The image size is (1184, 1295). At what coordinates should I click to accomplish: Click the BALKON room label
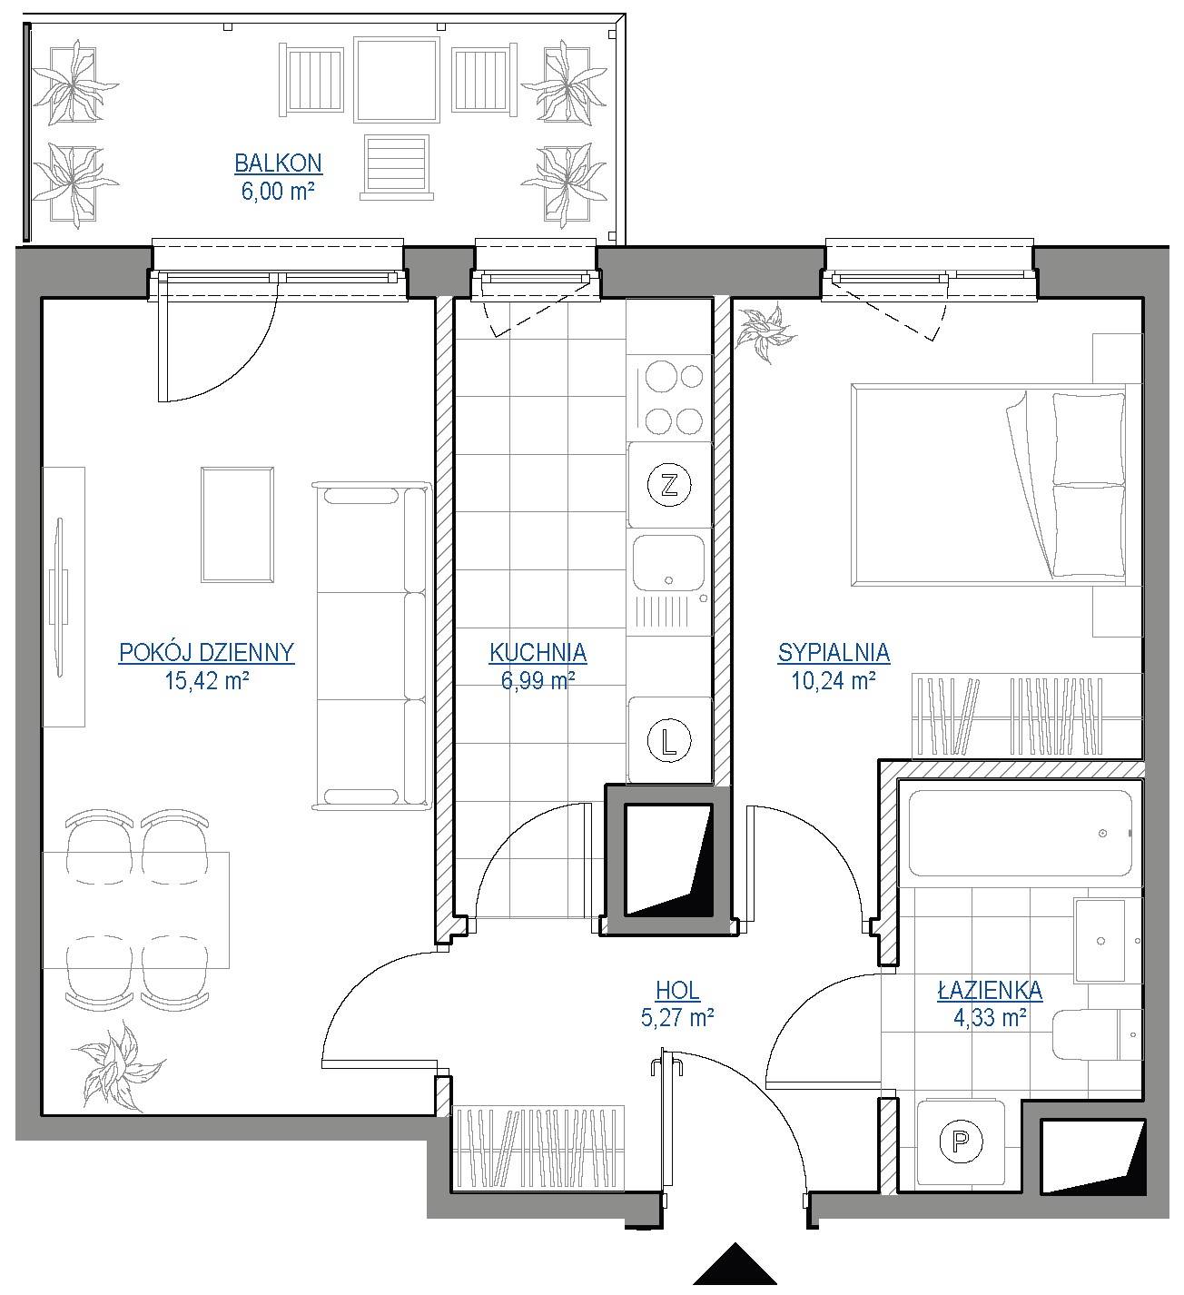[x=278, y=163]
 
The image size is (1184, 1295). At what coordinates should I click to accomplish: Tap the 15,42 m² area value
[x=207, y=680]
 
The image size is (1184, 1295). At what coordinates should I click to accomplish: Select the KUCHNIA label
[x=538, y=653]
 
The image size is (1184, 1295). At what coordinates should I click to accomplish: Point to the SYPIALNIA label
[x=834, y=653]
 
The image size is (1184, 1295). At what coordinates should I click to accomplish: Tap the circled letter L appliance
[x=669, y=740]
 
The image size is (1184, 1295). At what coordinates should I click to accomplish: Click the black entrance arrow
[x=735, y=1264]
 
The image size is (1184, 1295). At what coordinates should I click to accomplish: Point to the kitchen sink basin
[x=668, y=563]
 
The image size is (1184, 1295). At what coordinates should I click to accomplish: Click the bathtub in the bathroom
[x=1020, y=834]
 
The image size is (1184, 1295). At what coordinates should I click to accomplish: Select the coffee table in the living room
[x=237, y=525]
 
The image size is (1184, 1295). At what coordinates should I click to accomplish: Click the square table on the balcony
[x=397, y=79]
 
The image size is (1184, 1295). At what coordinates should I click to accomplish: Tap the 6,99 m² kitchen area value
[x=538, y=680]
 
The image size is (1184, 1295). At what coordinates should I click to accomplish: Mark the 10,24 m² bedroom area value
[x=834, y=680]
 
